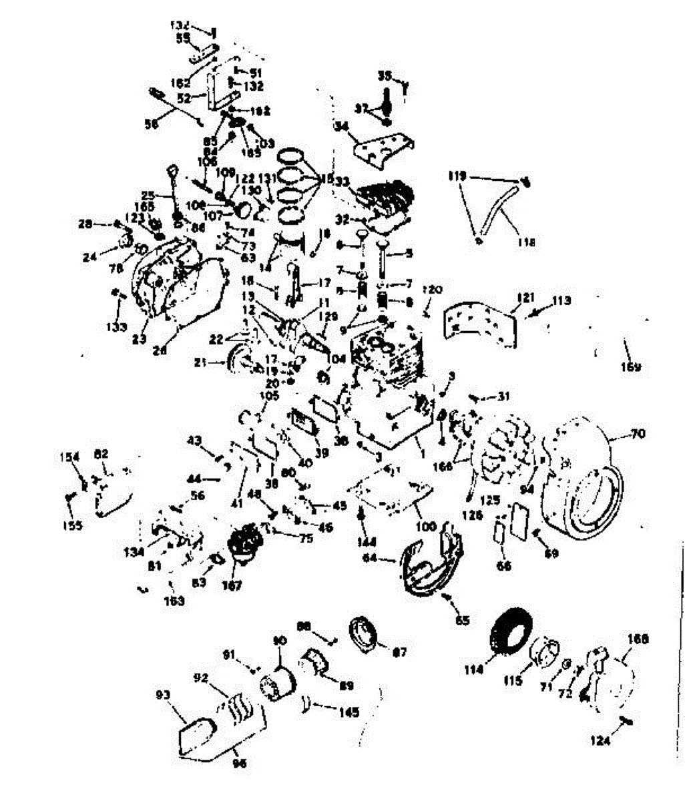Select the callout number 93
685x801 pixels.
[163, 695]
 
